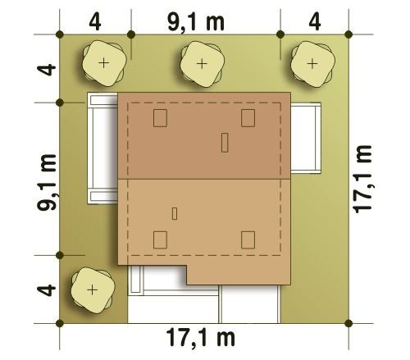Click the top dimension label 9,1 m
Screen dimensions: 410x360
click(x=196, y=22)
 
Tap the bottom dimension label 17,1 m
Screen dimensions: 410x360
click(x=200, y=338)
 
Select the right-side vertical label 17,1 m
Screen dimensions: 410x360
click(x=362, y=179)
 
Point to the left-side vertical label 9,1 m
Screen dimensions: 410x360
click(x=47, y=182)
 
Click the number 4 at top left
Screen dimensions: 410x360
click(x=95, y=22)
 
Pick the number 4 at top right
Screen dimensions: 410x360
click(x=315, y=22)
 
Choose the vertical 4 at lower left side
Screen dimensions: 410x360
click(x=47, y=290)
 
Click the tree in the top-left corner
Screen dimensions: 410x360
click(x=104, y=63)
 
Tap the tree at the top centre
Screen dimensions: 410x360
click(x=202, y=64)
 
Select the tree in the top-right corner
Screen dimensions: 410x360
click(x=312, y=64)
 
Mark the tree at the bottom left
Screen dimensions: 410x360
click(x=93, y=290)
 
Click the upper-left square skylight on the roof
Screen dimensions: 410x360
click(x=160, y=118)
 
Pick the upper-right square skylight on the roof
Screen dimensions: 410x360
click(x=248, y=118)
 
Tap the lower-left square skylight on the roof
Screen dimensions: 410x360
click(x=160, y=240)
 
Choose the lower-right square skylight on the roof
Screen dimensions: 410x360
click(x=248, y=240)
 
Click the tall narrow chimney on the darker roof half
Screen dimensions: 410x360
click(x=225, y=143)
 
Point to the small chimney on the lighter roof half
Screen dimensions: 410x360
click(x=175, y=214)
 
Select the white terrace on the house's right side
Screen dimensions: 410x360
click(x=306, y=138)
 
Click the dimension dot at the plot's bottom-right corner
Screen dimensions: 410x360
click(x=348, y=323)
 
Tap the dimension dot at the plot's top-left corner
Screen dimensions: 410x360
click(x=60, y=34)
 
